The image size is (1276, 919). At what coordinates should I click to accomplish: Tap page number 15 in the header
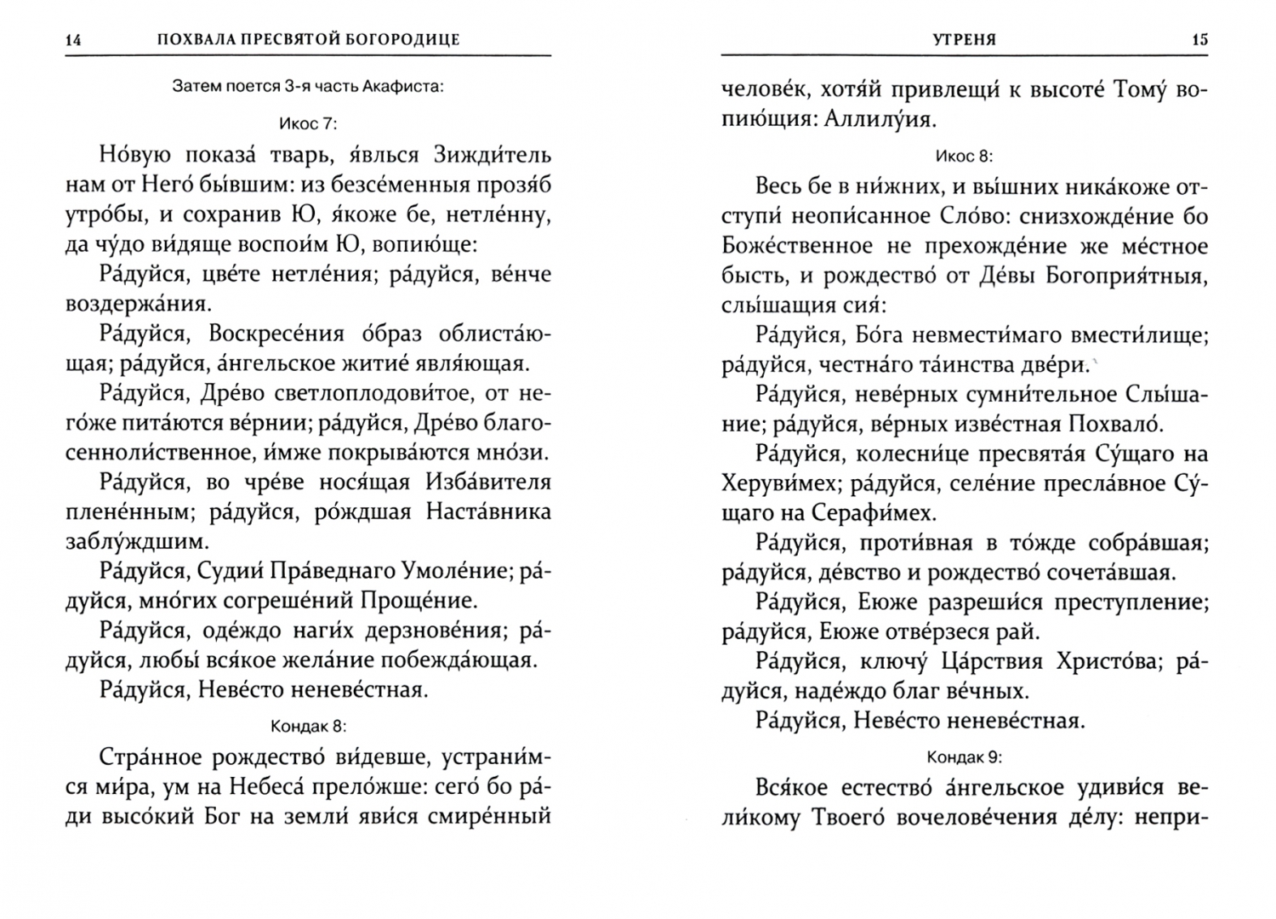coord(1199,40)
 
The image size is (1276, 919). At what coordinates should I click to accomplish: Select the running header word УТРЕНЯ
coord(965,40)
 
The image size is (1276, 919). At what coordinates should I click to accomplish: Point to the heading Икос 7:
coord(308,123)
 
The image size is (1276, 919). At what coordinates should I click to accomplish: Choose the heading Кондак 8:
coord(308,726)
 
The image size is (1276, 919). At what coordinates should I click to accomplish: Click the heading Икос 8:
coord(964,156)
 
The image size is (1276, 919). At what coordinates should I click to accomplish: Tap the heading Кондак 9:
coord(964,756)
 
